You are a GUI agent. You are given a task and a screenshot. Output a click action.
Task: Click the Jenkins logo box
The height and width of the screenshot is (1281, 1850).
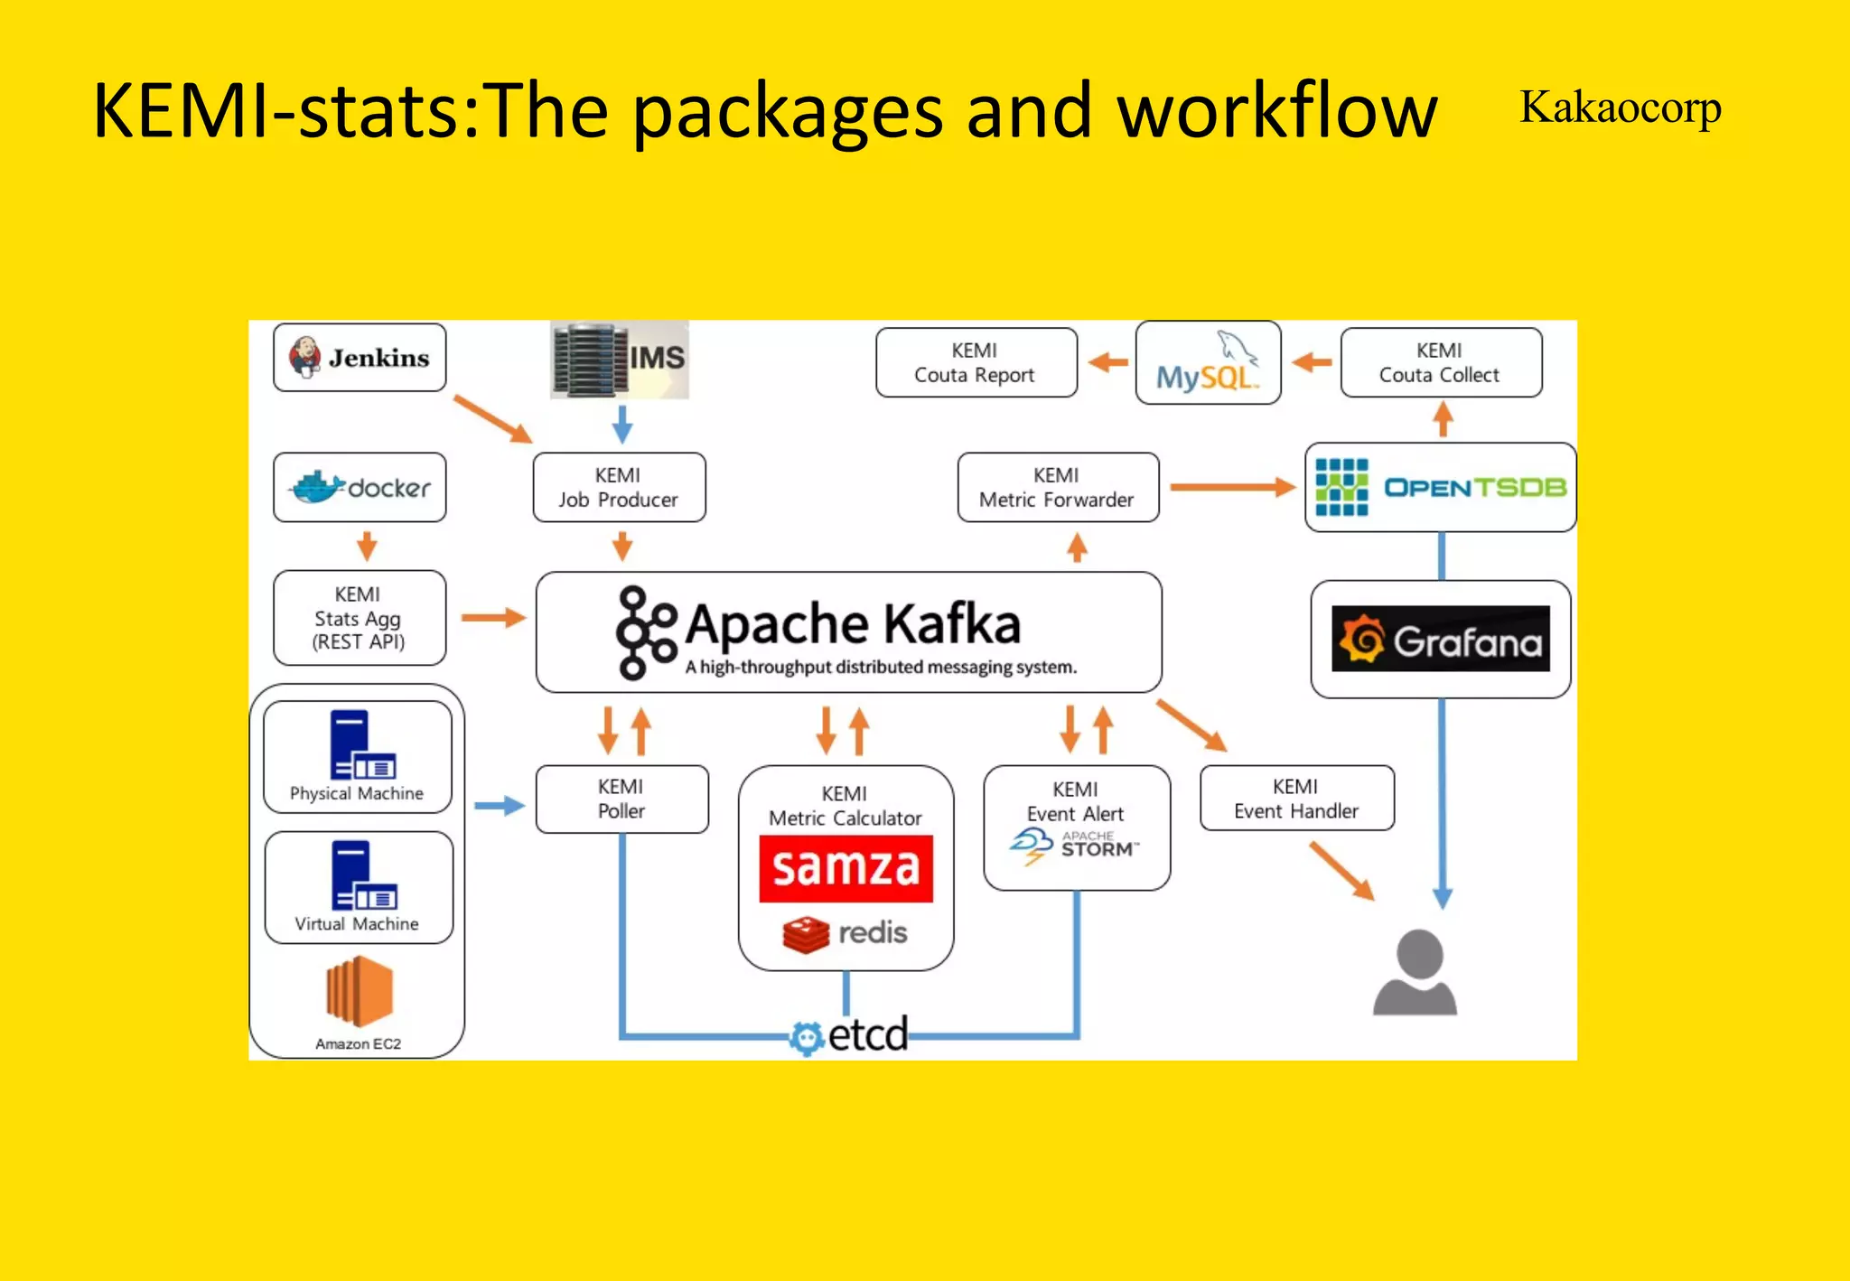[360, 358]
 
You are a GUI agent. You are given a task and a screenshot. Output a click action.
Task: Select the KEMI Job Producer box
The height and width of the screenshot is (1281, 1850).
[619, 488]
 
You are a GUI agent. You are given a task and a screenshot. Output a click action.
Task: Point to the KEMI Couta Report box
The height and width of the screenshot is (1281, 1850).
[976, 362]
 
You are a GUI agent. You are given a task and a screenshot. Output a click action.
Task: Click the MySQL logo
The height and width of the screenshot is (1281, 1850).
[1208, 363]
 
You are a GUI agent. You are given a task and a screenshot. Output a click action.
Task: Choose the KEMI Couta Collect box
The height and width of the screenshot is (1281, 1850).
[1441, 362]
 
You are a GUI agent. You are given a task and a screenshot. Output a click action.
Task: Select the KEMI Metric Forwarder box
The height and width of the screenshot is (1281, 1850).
[1057, 488]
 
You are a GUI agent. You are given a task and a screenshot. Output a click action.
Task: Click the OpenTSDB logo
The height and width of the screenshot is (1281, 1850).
[1441, 488]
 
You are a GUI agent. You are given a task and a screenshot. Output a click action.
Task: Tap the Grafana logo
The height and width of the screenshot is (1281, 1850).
[1441, 640]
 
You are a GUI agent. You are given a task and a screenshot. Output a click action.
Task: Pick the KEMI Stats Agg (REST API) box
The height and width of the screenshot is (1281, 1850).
[359, 618]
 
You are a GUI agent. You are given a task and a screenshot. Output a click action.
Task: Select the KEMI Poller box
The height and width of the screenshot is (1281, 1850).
[621, 799]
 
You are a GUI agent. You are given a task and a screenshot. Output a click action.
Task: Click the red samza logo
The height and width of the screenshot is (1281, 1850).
[846, 868]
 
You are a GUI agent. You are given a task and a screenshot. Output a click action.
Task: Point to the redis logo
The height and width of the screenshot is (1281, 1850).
[845, 933]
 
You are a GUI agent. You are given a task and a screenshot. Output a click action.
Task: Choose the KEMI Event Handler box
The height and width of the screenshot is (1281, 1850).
[1296, 799]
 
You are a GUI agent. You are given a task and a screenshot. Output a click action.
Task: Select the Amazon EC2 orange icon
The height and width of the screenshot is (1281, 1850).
[359, 992]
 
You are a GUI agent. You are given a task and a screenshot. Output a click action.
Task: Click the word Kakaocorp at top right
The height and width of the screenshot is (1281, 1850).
[1620, 108]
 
